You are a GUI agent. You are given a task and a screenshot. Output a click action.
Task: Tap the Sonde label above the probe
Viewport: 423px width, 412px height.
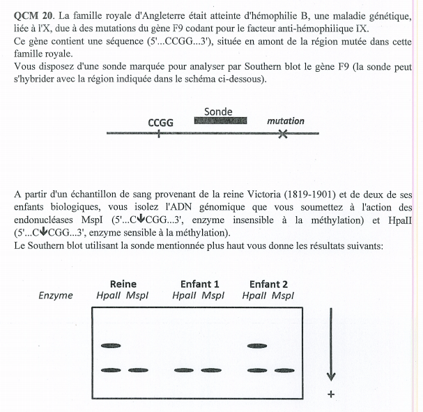[218, 111]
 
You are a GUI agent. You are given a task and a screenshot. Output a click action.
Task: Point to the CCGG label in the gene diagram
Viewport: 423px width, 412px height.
[160, 122]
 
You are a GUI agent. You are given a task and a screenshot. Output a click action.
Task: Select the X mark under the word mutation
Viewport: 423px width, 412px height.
[282, 135]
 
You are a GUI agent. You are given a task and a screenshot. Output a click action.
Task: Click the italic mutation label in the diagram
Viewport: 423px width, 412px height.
[285, 121]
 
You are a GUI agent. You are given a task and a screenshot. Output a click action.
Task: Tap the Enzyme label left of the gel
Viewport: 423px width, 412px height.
[56, 296]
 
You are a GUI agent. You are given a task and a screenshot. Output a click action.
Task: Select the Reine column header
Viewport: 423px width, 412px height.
[123, 284]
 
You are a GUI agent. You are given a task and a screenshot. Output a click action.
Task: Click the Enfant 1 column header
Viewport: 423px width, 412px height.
[199, 284]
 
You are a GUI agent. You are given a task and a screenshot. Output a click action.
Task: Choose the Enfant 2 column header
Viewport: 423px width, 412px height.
[268, 284]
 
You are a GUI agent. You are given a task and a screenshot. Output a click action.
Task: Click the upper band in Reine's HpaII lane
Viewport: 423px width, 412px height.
[111, 345]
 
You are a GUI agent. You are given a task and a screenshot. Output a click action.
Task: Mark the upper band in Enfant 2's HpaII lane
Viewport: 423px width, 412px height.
[257, 345]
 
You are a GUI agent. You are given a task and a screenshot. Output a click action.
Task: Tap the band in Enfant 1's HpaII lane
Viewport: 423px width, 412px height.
[185, 370]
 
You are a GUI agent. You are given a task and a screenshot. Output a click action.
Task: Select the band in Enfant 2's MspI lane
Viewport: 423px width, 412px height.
[285, 370]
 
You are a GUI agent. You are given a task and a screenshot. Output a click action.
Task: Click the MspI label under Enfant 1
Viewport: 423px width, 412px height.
[213, 296]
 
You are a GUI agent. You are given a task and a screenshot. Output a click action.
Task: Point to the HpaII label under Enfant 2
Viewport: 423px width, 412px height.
[254, 296]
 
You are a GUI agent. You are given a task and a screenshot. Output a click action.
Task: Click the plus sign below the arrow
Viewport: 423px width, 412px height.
[331, 394]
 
